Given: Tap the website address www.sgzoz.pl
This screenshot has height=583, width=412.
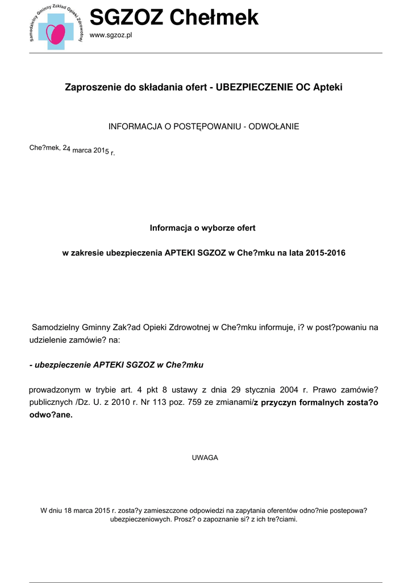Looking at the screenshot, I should click(111, 35).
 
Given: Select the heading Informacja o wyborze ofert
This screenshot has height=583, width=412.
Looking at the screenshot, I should click(203, 228).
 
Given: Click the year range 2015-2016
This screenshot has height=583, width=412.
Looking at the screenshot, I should click(325, 252).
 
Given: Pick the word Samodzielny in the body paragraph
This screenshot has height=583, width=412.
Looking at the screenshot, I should click(56, 327).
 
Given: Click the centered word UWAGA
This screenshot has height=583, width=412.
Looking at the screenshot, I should click(206, 458).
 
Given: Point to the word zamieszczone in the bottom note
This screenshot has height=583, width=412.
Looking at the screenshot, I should click(161, 510).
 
